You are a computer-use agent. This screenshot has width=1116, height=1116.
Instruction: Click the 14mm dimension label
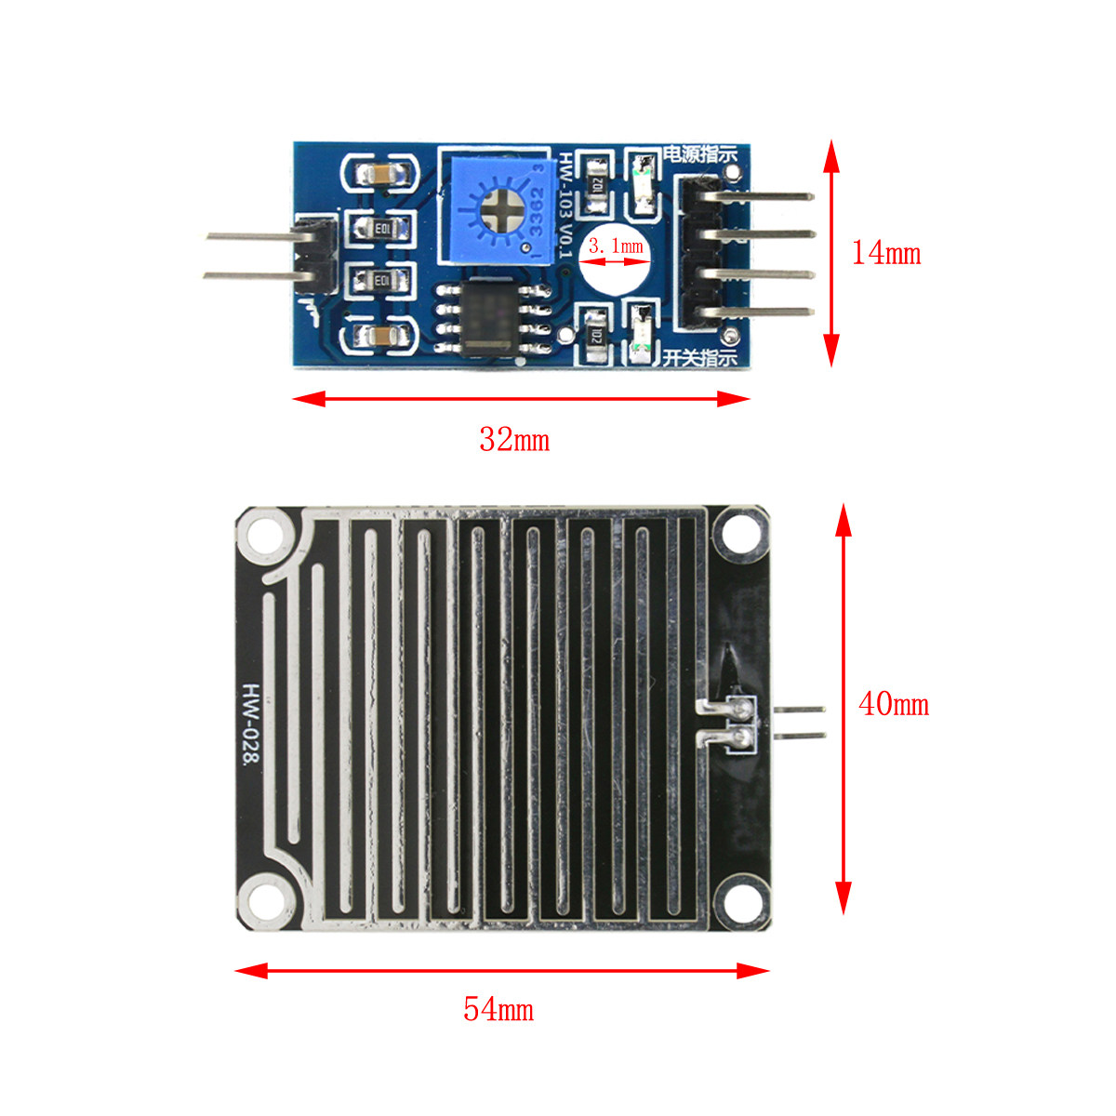[886, 253]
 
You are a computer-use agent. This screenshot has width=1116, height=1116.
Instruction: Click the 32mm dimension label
[514, 439]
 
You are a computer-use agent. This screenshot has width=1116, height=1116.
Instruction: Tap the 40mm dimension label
[894, 704]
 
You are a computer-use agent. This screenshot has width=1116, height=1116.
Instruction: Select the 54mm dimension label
[498, 1009]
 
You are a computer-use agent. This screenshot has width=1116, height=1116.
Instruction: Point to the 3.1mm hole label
[616, 246]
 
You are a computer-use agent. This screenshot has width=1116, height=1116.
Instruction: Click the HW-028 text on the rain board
[250, 725]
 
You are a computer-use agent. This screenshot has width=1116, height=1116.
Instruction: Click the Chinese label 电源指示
[699, 154]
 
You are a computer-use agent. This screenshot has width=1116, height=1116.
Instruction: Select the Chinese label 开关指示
[699, 356]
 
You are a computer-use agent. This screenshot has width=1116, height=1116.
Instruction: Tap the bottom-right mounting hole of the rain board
[740, 900]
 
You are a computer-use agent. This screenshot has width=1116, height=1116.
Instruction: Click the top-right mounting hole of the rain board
[740, 535]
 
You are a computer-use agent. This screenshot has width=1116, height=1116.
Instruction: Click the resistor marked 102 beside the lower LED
[596, 337]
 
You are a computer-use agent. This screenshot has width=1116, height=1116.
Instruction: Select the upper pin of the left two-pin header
[251, 237]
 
